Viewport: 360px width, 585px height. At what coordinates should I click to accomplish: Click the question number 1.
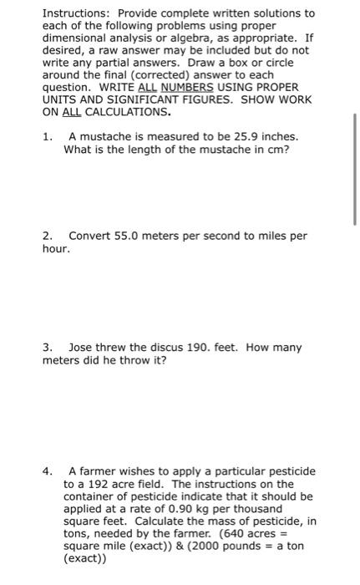(x=47, y=135)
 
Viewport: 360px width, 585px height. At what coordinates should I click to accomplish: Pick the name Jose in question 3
(x=81, y=347)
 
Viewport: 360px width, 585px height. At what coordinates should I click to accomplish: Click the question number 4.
(x=47, y=471)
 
